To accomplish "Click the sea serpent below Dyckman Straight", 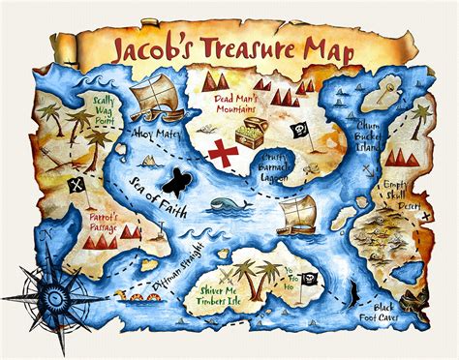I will coord(136,297).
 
